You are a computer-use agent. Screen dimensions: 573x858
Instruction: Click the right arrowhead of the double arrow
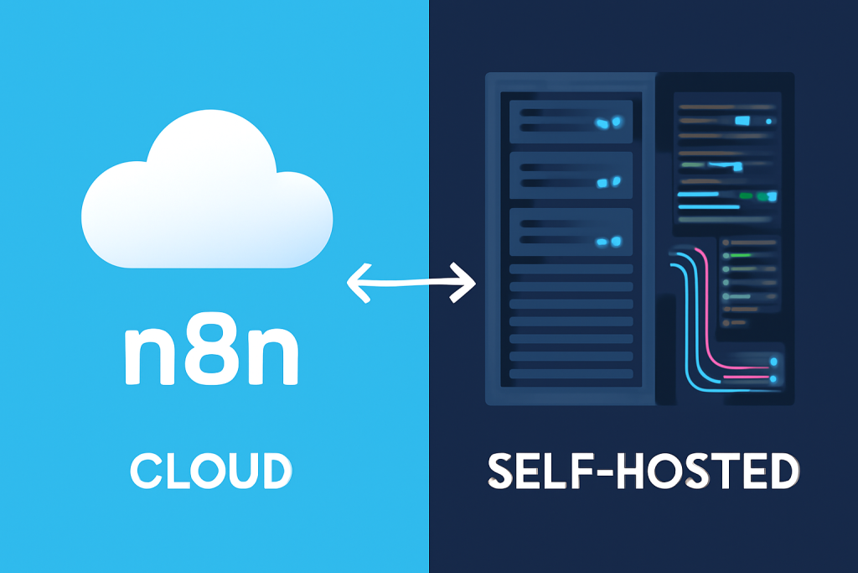tap(468, 282)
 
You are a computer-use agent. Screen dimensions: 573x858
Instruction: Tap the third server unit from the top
tap(571, 232)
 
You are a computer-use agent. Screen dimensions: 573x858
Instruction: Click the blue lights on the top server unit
tap(609, 122)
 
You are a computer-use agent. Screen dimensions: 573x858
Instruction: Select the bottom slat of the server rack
tap(571, 371)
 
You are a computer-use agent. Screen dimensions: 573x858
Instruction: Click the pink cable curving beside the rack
tap(706, 319)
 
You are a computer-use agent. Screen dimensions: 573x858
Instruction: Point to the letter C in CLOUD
tap(145, 471)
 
